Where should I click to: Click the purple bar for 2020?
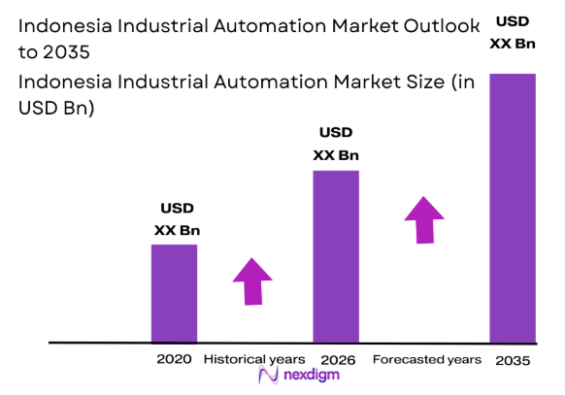point(174,293)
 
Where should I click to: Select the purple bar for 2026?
point(335,256)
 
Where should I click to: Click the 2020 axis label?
point(174,359)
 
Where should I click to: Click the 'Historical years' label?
point(253,359)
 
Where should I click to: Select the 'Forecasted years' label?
point(426,359)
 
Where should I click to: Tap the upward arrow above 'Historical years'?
point(253,281)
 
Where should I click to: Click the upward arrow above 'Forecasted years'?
point(424,219)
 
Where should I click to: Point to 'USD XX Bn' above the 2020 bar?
point(176,219)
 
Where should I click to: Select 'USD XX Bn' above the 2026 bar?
point(336,145)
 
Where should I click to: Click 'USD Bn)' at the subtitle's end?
point(56,109)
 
